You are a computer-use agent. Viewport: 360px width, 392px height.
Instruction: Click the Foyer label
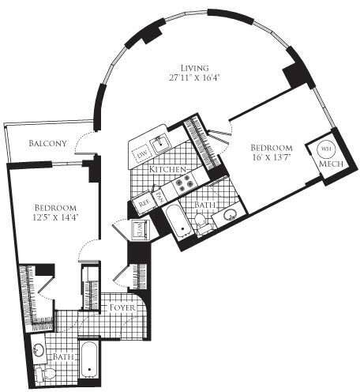124,306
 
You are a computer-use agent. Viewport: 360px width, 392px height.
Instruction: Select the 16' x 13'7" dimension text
272,158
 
